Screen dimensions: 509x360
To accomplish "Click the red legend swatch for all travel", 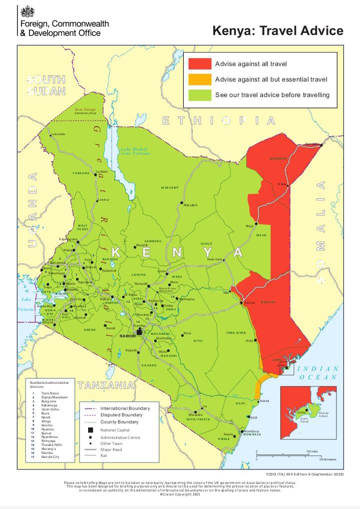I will (199, 64).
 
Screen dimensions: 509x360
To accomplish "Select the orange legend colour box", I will (199, 79).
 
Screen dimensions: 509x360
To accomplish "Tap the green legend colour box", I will (199, 95).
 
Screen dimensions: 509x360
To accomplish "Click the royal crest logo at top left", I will (26, 12).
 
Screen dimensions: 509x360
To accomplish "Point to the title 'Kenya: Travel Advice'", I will (278, 31).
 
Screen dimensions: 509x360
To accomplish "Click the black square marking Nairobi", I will (139, 331).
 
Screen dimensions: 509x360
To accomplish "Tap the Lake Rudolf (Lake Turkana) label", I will (135, 151).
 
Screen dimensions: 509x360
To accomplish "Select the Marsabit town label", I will (191, 205).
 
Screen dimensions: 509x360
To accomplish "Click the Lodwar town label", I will (102, 172).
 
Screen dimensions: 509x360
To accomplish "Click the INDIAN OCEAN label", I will (318, 373).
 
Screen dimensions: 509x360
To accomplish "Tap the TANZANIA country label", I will (106, 385).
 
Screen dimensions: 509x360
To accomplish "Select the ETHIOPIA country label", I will (219, 121).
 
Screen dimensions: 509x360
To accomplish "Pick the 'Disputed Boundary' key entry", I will (121, 415).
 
